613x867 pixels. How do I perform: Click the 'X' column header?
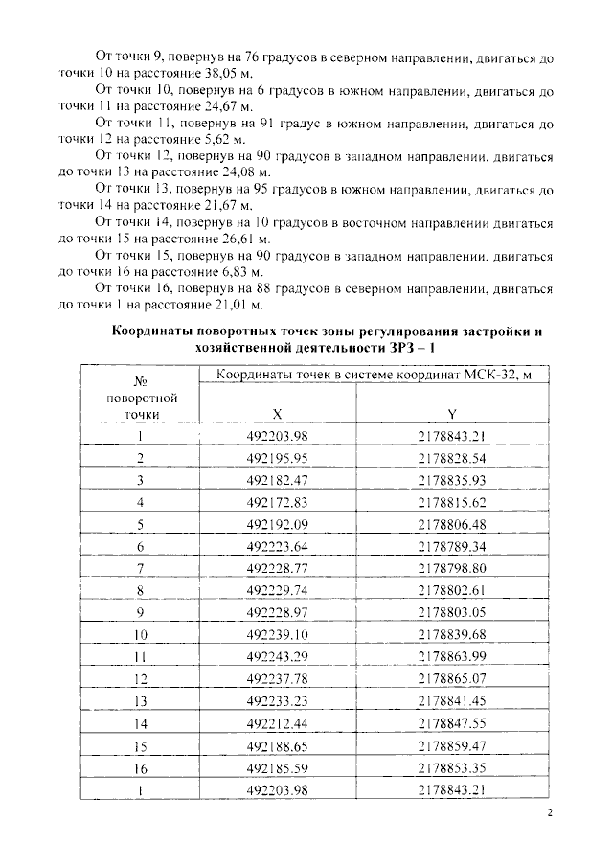pos(277,414)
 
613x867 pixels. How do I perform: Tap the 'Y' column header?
pos(451,414)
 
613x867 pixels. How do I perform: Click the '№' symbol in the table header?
pos(140,380)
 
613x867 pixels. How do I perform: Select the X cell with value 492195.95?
pos(277,457)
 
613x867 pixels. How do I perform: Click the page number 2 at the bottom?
pos(550,814)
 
